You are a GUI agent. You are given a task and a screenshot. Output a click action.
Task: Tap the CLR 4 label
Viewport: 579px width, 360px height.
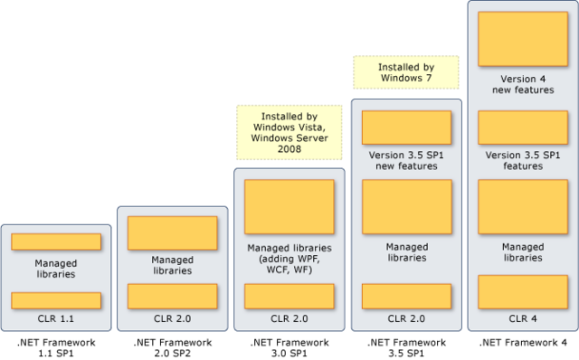pos(523,318)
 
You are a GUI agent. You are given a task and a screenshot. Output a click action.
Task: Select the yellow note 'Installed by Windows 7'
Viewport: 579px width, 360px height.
pos(406,72)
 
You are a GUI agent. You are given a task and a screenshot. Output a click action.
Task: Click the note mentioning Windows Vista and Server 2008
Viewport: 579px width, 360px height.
pos(289,132)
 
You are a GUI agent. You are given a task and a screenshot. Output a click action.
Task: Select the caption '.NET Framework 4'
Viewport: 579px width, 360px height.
pos(523,344)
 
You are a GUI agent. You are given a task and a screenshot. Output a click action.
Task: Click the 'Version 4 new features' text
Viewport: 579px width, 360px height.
pos(523,84)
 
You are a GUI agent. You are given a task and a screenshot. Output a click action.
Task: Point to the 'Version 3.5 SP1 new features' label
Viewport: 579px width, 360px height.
pos(406,160)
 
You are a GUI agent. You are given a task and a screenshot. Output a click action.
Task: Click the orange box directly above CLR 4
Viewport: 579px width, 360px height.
pos(523,292)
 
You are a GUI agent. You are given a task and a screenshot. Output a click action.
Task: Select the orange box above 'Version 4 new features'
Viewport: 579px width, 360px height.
pos(523,39)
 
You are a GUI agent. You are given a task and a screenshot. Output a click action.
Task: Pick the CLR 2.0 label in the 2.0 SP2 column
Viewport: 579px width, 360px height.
pos(172,318)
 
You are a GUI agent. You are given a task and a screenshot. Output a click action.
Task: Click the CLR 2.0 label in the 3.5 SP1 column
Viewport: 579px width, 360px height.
pos(406,318)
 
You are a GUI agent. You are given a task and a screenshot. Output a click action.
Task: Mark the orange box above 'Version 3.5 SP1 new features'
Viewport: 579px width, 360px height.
pos(406,128)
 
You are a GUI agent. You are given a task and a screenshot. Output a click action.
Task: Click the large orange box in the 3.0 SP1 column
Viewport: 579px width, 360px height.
pos(289,207)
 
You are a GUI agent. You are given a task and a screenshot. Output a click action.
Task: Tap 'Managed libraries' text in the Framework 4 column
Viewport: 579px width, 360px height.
pos(523,252)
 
